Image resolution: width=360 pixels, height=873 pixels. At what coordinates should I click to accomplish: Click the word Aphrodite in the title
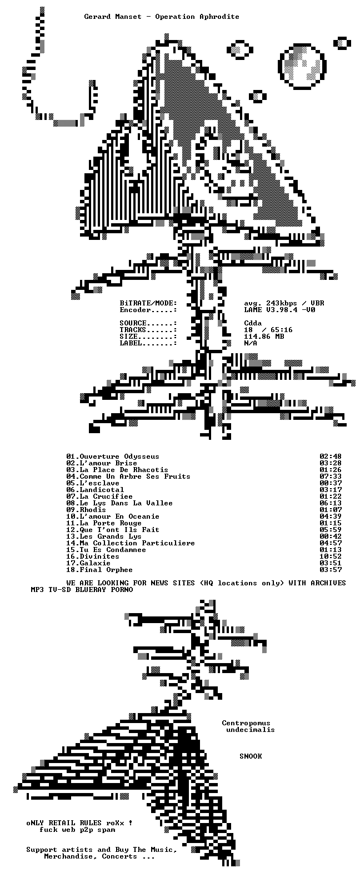pyautogui.click(x=219, y=17)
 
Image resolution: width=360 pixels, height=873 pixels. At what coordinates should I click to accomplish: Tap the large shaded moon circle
pyautogui.click(x=302, y=66)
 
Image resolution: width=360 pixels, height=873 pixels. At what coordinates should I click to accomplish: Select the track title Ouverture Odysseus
pyautogui.click(x=119, y=456)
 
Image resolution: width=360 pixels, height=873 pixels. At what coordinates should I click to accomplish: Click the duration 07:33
pyautogui.click(x=331, y=476)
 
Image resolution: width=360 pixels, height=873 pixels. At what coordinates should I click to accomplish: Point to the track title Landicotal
pyautogui.click(x=102, y=490)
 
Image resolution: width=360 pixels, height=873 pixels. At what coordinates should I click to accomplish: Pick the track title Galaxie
pyautogui.click(x=95, y=563)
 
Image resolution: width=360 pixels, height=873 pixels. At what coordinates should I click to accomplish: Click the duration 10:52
pyautogui.click(x=331, y=556)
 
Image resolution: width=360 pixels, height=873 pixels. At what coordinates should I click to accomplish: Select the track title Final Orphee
pyautogui.click(x=106, y=570)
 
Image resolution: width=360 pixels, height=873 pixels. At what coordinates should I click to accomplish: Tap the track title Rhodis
pyautogui.click(x=93, y=510)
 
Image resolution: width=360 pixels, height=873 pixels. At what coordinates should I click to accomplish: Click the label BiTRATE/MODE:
pyautogui.click(x=148, y=303)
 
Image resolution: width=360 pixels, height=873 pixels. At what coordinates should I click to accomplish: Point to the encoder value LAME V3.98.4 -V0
pyautogui.click(x=279, y=310)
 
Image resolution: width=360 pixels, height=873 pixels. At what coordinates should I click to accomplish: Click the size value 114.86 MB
pyautogui.click(x=264, y=337)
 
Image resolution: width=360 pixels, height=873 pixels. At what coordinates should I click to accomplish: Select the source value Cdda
pyautogui.click(x=253, y=323)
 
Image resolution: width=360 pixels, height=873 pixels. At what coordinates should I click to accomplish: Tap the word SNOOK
pyautogui.click(x=251, y=756)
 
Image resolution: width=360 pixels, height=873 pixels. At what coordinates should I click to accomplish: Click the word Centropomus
pyautogui.click(x=246, y=723)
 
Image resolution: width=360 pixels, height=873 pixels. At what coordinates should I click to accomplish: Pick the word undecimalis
pyautogui.click(x=251, y=730)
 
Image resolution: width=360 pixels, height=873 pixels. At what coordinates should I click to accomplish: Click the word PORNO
pyautogui.click(x=122, y=590)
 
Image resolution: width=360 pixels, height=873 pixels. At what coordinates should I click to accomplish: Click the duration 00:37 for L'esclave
pyautogui.click(x=331, y=483)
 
